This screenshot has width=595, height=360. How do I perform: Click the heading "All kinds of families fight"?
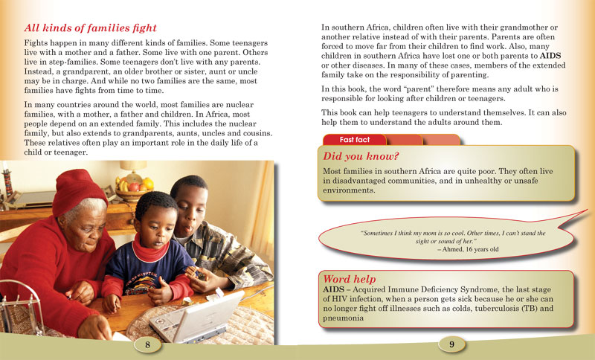pos(91,28)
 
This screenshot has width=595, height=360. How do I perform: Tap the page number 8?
pos(148,344)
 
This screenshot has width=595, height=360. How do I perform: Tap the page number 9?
pos(451,344)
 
